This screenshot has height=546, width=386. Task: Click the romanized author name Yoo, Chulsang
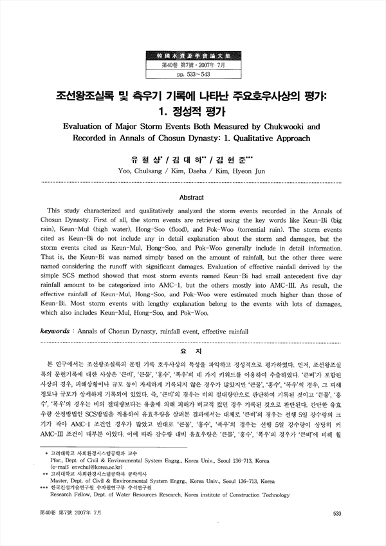point(152,171)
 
